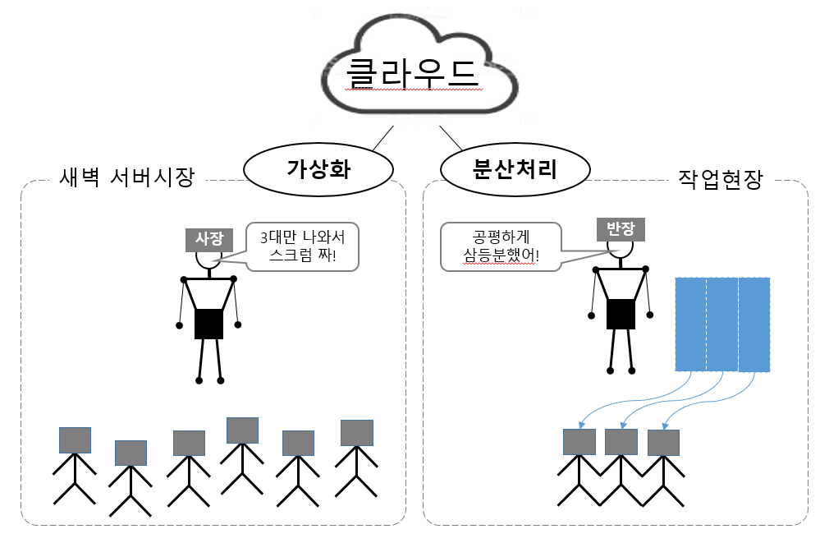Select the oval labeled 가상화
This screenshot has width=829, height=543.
(316, 169)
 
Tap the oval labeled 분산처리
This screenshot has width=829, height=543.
(515, 169)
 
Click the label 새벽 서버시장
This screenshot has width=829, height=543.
(126, 177)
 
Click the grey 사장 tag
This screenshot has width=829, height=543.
(208, 238)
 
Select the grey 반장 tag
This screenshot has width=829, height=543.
(621, 228)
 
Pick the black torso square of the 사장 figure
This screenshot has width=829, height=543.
(208, 323)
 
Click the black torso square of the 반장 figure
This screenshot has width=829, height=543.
(621, 313)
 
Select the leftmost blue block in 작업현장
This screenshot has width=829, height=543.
(690, 324)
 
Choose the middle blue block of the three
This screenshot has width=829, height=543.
(722, 324)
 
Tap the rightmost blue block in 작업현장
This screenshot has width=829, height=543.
(754, 324)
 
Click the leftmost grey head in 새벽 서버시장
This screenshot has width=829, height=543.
(75, 440)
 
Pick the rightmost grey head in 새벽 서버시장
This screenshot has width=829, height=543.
(357, 432)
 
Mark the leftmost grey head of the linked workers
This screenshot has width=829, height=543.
(579, 442)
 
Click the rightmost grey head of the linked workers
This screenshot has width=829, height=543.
(663, 443)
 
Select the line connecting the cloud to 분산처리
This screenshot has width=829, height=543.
(451, 138)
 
